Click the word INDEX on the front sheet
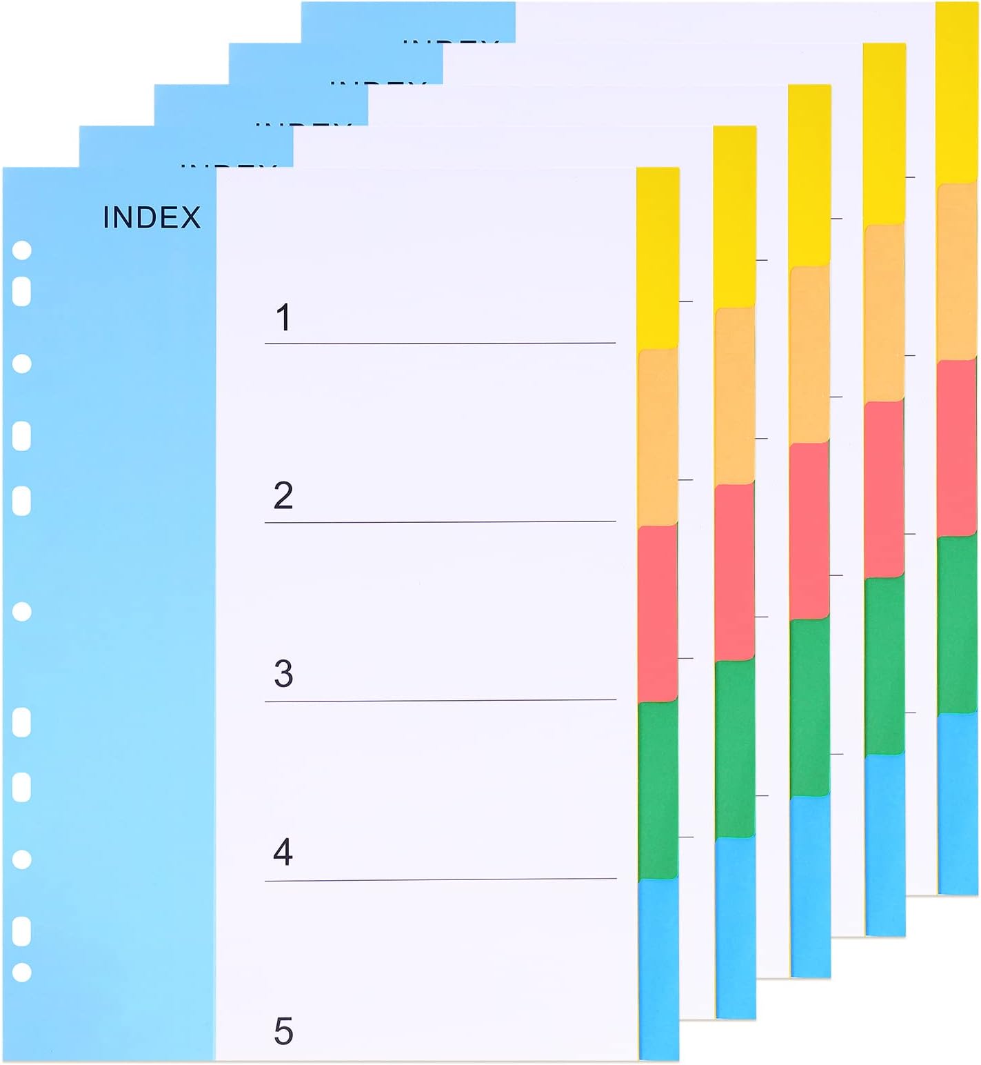[152, 217]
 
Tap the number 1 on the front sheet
[283, 317]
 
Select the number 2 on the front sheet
[283, 495]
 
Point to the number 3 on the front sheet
[283, 674]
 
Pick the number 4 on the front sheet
[283, 853]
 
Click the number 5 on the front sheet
[283, 1031]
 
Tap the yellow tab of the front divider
[657, 259]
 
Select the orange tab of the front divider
[657, 438]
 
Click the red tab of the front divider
[657, 614]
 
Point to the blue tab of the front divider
[657, 969]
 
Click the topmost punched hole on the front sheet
[22, 250]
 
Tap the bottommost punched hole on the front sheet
[22, 973]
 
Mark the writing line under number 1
[440, 343]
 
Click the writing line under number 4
[440, 879]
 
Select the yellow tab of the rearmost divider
[957, 93]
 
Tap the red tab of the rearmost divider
[957, 448]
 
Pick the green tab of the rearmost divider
[957, 624]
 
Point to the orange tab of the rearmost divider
[957, 272]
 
